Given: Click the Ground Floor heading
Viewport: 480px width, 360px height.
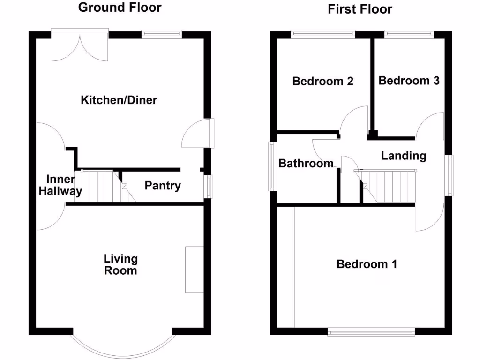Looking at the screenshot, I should tap(120, 7).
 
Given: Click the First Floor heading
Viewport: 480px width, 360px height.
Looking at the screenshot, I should tap(360, 9).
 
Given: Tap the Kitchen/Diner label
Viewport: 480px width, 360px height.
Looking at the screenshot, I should tap(119, 100).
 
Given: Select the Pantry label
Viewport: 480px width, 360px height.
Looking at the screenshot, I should tap(162, 186).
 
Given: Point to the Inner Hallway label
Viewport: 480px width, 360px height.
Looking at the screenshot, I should tap(60, 186).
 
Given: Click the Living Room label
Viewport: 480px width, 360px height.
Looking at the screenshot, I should tap(120, 264).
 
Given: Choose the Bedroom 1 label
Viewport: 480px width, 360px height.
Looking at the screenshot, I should tap(367, 264).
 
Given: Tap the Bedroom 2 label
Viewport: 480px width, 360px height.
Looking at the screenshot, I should tap(322, 81).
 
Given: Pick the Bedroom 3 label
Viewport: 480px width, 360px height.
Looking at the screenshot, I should tap(409, 81).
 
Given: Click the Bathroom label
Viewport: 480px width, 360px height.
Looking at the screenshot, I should tap(306, 163).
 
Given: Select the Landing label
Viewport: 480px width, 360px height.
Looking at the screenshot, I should tap(403, 156).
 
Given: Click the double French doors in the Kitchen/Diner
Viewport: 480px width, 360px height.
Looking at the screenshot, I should tap(80, 45).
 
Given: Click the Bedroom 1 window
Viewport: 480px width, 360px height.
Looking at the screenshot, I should tap(371, 332).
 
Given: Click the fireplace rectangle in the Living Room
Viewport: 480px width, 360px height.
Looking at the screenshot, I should tap(195, 270).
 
